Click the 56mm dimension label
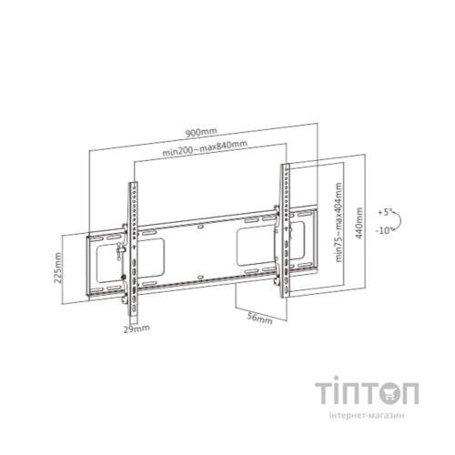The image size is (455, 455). click(x=259, y=319)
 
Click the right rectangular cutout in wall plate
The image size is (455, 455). click(x=258, y=240)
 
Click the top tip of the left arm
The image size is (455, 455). click(x=128, y=181)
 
